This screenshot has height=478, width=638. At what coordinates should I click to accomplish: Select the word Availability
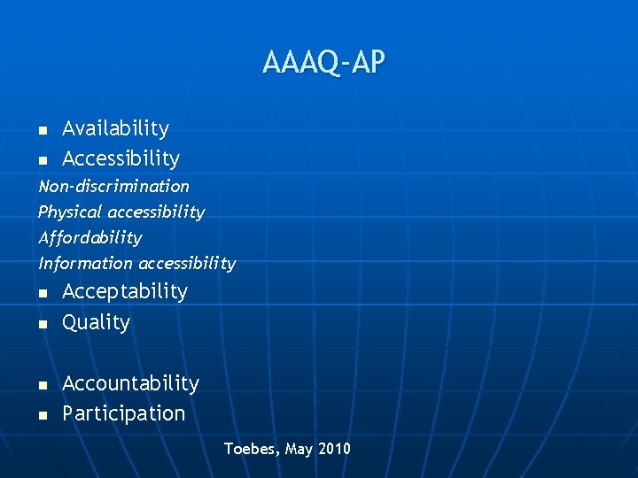click(115, 129)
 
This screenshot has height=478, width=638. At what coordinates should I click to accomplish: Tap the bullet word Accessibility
click(121, 159)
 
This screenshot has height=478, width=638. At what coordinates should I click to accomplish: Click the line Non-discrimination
click(113, 187)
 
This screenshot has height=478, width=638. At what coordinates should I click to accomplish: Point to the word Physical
click(70, 212)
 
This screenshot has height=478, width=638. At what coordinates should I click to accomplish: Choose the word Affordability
click(89, 238)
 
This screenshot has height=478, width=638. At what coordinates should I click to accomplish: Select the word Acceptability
click(125, 292)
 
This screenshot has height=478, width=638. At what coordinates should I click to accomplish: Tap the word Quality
click(96, 322)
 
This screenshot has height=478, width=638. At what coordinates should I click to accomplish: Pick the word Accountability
click(130, 383)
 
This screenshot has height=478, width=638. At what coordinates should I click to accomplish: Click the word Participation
click(123, 413)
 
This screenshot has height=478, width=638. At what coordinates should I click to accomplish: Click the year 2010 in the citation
click(334, 449)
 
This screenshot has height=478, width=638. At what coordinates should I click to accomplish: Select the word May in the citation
click(300, 450)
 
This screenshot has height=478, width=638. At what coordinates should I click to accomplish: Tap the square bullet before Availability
click(43, 131)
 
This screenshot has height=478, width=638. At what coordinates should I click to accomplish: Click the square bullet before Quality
click(43, 325)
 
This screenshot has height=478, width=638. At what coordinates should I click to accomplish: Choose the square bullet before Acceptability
click(43, 294)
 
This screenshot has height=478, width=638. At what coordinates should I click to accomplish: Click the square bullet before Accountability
click(43, 386)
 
